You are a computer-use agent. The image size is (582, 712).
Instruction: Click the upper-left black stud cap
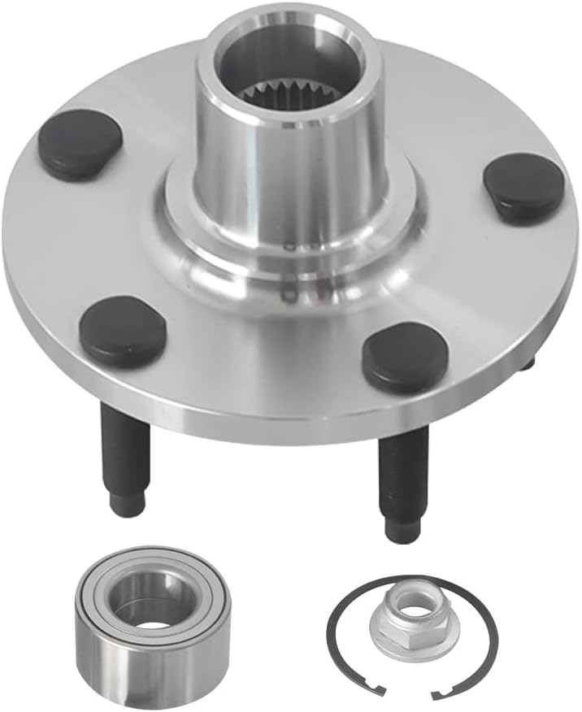(x=80, y=144)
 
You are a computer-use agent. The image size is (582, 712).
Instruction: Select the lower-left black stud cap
(x=123, y=331)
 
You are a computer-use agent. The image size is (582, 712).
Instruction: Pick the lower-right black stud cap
(x=405, y=356)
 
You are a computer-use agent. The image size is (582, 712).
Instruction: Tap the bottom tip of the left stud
(x=128, y=506)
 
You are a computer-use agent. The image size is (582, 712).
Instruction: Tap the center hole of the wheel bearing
(x=151, y=606)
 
